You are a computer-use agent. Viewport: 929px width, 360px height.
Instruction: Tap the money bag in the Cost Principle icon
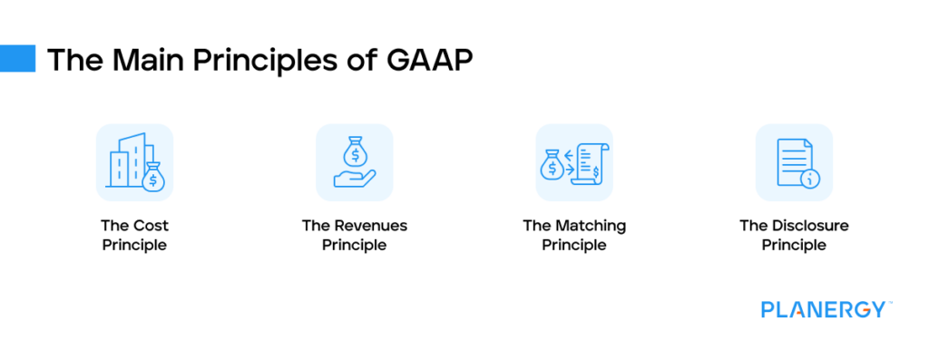click(x=153, y=177)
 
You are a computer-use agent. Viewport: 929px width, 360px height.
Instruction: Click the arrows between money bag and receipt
click(x=569, y=161)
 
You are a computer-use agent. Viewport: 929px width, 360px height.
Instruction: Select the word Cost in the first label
click(x=148, y=226)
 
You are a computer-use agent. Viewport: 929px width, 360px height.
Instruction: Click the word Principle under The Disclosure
click(x=794, y=246)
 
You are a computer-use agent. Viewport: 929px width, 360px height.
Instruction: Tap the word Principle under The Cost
click(x=134, y=246)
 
